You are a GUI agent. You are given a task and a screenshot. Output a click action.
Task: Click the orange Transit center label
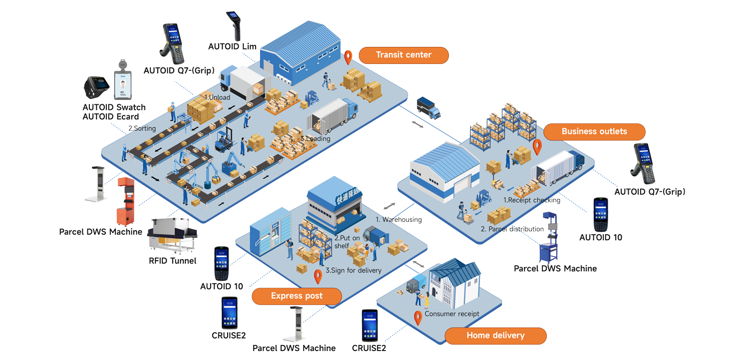tap(403, 55)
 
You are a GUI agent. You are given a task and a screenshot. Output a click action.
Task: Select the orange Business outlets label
tap(594, 132)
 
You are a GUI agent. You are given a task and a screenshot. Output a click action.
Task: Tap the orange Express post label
tap(297, 296)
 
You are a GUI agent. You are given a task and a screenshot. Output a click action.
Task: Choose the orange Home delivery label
tap(495, 336)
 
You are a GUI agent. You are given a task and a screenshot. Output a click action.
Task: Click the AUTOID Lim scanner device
tap(233, 25)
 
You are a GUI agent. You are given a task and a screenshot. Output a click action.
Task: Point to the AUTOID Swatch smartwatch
tap(96, 88)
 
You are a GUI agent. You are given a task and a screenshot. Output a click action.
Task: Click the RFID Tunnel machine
tap(173, 235)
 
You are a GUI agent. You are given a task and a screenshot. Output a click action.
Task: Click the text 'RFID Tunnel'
tap(172, 261)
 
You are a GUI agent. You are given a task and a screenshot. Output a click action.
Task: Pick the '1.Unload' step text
tap(217, 97)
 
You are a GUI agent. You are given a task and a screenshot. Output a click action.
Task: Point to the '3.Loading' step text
tap(316, 138)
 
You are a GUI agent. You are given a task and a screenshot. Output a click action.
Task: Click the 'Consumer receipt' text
tap(451, 314)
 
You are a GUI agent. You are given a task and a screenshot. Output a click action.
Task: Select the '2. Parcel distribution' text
tap(512, 229)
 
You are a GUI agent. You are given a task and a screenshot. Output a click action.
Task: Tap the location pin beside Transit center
tap(349, 57)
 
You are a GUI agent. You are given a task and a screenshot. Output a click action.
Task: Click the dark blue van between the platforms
tap(428, 107)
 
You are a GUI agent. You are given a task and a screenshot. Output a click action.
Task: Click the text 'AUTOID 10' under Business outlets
tap(601, 238)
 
